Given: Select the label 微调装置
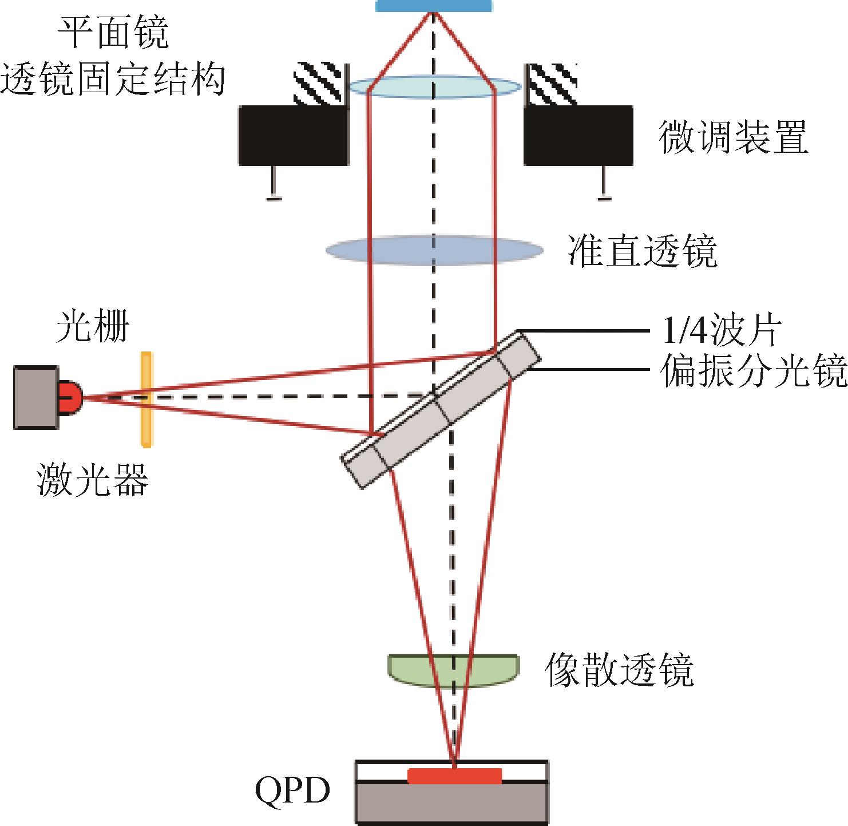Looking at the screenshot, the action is point(734,137).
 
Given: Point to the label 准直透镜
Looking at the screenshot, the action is point(643,251).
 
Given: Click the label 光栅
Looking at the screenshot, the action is point(92,326).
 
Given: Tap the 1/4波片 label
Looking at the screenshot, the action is point(722,331).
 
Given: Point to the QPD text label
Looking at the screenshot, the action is point(292,790).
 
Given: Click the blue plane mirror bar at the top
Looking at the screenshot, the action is point(434,6).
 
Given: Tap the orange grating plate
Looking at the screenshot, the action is point(146,400).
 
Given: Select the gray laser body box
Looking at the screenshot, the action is point(35,397).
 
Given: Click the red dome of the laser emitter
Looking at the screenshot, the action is point(70,397).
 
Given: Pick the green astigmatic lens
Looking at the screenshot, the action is point(453,671).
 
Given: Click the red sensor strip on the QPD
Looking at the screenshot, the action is point(454,776).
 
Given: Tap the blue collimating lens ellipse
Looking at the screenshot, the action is point(434,250).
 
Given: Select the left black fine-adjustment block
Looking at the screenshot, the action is point(294,136).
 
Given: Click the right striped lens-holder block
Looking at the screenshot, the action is point(552,85).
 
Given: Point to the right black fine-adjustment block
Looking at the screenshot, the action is point(578,136).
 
